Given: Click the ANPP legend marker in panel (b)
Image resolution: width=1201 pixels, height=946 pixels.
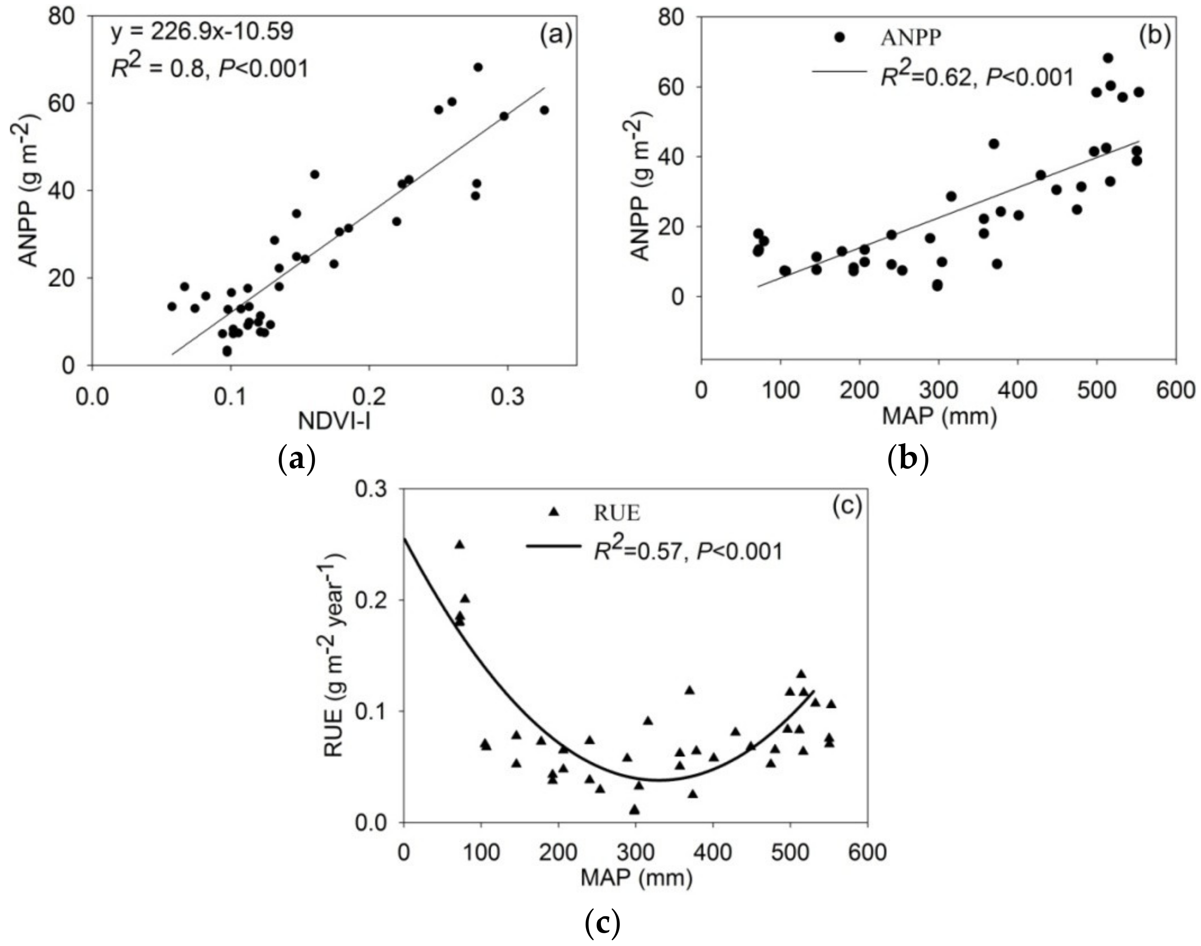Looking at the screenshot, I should pos(840,37).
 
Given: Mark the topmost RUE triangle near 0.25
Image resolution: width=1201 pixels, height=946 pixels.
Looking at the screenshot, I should pos(459,544).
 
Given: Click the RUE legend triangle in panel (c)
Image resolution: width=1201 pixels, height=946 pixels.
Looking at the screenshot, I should pos(554,513).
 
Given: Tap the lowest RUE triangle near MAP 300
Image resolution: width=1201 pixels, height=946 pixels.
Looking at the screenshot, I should pos(634,810).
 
